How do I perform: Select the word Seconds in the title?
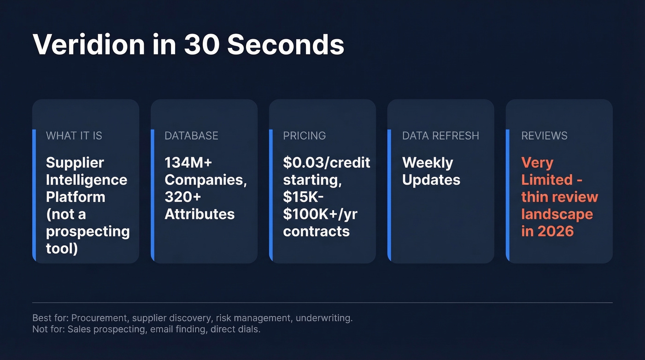coord(286,45)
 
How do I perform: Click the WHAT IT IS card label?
coord(74,136)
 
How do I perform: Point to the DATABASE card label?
coord(191,136)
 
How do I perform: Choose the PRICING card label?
coord(305,136)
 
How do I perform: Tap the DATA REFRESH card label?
coord(440,136)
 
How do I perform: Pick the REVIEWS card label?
coord(544,136)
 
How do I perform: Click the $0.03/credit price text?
coord(327,162)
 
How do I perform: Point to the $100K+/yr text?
coord(320,214)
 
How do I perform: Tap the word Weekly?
coord(428,162)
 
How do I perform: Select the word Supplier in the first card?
coord(75,162)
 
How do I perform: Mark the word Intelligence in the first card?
coord(87,180)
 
